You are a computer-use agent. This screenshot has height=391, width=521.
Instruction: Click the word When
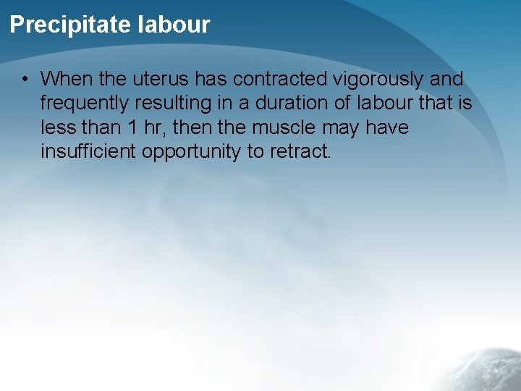pyautogui.click(x=64, y=78)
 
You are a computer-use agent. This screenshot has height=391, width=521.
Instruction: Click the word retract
pyautogui.click(x=305, y=152)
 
